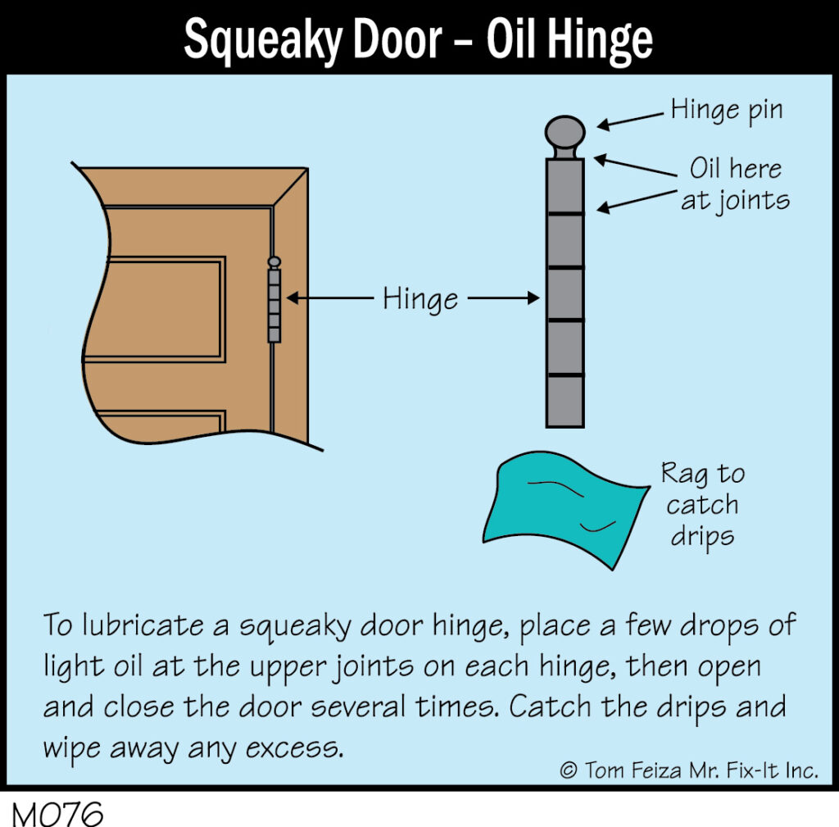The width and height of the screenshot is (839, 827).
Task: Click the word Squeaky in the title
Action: (262, 41)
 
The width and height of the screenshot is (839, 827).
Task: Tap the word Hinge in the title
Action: (600, 41)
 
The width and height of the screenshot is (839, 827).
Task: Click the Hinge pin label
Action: (727, 111)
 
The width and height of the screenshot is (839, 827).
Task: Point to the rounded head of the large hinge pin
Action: (565, 132)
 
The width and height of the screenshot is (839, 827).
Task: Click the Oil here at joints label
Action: (735, 184)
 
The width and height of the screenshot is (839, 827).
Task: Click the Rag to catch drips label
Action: (702, 504)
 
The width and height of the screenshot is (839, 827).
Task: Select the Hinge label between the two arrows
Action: (420, 298)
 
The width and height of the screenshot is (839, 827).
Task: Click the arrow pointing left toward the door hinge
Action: (330, 298)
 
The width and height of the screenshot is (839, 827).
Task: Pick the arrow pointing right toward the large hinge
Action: (504, 298)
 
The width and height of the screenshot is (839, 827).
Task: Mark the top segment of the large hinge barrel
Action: (565, 186)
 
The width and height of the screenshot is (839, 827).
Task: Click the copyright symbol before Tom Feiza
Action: (569, 770)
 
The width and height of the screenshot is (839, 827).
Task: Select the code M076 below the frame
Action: (57, 814)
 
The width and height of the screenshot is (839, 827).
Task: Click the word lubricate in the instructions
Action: (143, 625)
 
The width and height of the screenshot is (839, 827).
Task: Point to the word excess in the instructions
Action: (294, 748)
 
